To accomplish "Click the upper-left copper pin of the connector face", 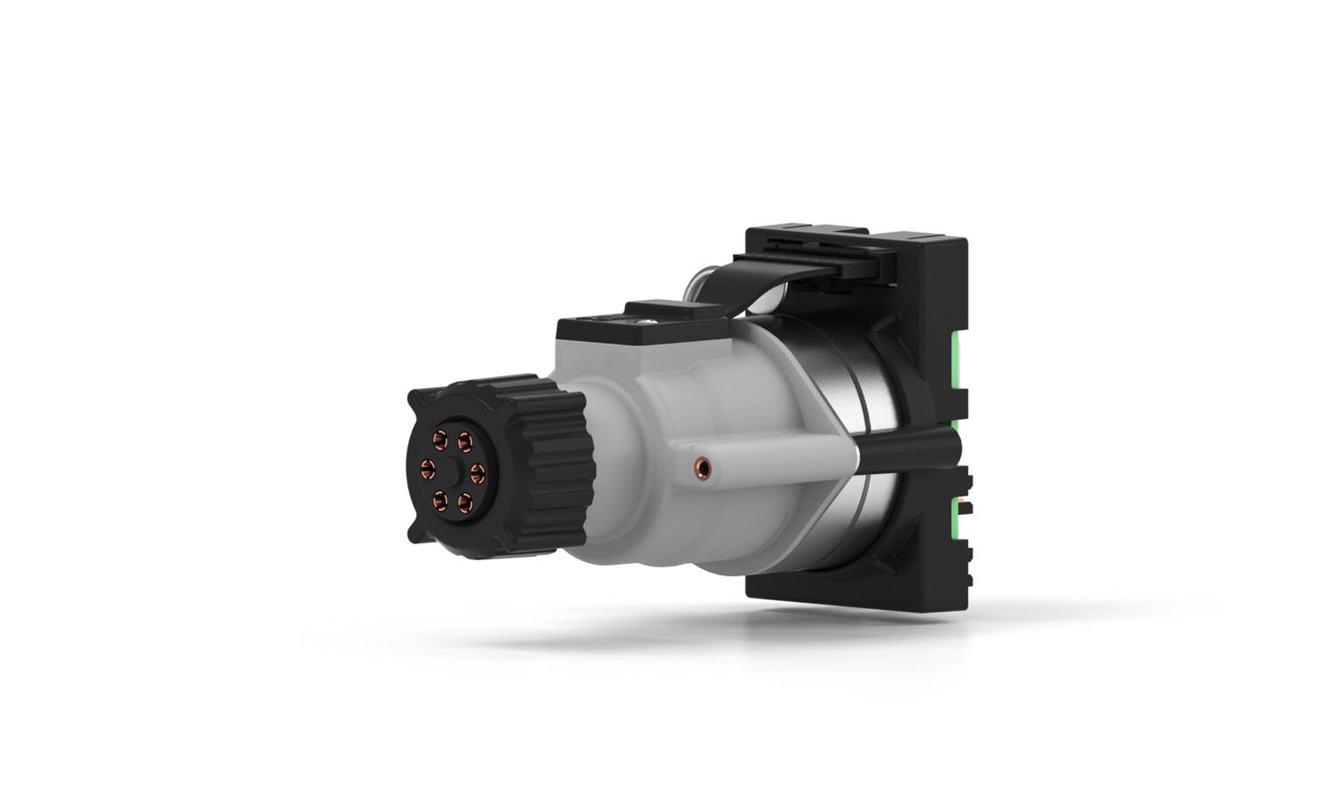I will [x=439, y=438].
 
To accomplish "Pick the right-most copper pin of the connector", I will [x=476, y=470].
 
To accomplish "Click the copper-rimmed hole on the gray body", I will [x=703, y=463].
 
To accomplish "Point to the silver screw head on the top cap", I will [x=650, y=313].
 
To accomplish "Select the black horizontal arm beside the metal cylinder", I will [x=905, y=442].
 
